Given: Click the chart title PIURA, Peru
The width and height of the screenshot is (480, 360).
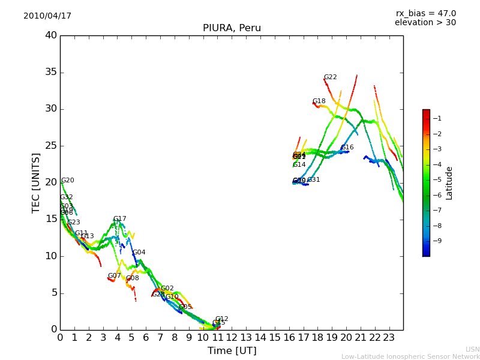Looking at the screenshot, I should [232, 28].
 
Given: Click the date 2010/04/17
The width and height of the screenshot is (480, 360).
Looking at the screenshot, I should [47, 16].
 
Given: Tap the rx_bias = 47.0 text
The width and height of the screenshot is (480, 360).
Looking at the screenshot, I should [425, 14].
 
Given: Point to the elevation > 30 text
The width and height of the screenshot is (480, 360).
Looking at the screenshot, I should [425, 23].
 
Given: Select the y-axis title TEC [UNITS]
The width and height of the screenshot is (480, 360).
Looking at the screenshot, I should [36, 182].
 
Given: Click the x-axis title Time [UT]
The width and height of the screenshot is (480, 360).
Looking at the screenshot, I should [232, 350].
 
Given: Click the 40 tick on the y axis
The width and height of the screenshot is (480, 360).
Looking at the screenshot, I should [51, 35].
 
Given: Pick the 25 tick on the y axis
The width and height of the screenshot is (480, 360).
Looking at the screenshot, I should [51, 146].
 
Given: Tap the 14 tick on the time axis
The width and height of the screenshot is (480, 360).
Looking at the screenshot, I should [260, 337].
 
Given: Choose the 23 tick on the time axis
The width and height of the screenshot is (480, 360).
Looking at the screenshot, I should [389, 337].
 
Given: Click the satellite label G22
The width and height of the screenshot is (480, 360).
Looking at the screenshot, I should [330, 77].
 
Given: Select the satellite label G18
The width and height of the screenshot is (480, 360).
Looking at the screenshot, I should [319, 101].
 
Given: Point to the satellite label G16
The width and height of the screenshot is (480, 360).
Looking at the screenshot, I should [347, 148].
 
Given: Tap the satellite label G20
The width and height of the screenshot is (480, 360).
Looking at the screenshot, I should [67, 181].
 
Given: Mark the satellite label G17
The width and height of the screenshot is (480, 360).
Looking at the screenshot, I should [119, 219].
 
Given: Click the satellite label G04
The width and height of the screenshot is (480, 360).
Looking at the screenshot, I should [139, 253].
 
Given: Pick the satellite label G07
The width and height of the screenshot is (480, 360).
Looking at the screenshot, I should [114, 276].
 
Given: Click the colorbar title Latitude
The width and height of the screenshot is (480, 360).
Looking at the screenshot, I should [449, 183].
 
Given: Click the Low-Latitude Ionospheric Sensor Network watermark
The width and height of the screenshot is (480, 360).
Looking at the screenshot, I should [410, 356].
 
